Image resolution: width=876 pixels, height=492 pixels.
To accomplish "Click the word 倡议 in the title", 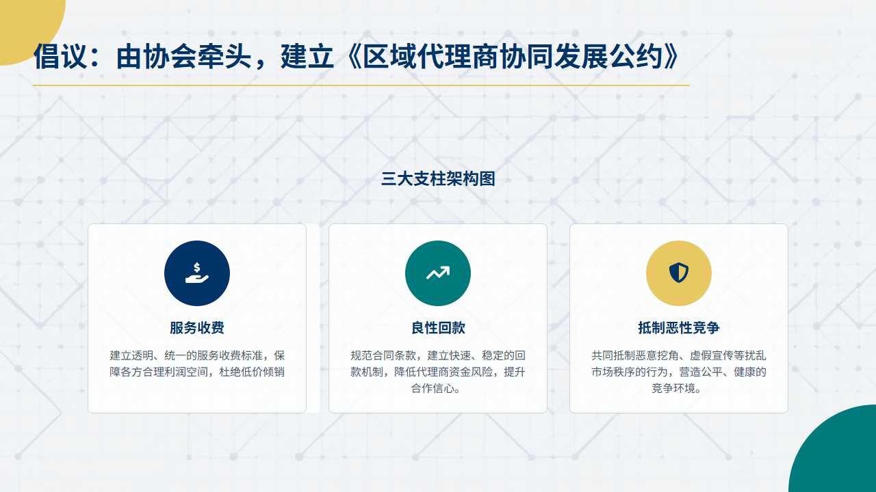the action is point(60,57).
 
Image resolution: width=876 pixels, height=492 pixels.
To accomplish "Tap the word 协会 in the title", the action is point(170,57).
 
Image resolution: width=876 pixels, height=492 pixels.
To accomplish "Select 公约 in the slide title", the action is point(636,57).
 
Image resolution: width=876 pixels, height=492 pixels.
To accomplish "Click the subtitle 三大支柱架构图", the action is point(438,179).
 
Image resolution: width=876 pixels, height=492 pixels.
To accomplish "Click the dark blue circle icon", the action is point(197,273).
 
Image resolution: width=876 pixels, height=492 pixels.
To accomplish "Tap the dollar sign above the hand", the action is point(197,267).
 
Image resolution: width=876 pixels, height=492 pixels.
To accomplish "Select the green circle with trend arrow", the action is point(438,273).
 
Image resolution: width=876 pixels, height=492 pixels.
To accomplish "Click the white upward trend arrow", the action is point(438,273).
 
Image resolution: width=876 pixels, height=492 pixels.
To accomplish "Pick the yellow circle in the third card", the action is point(679,273).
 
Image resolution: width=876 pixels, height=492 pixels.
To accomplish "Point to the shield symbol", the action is point(679,273).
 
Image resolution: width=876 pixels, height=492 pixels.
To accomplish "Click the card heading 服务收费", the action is point(197,327).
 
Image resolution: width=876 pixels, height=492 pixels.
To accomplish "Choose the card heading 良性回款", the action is point(438,327).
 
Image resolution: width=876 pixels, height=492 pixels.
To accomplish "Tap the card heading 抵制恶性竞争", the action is point(679,327).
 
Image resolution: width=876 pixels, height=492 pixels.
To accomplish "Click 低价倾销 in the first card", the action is point(263,372).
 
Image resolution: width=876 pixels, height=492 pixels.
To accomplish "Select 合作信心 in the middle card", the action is point(433,388).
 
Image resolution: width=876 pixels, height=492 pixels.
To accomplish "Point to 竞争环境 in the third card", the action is point(673,388).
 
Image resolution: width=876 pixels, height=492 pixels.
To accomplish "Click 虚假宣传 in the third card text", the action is point(712,355).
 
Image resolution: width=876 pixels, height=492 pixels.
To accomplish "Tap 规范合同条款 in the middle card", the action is point(383,355).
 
